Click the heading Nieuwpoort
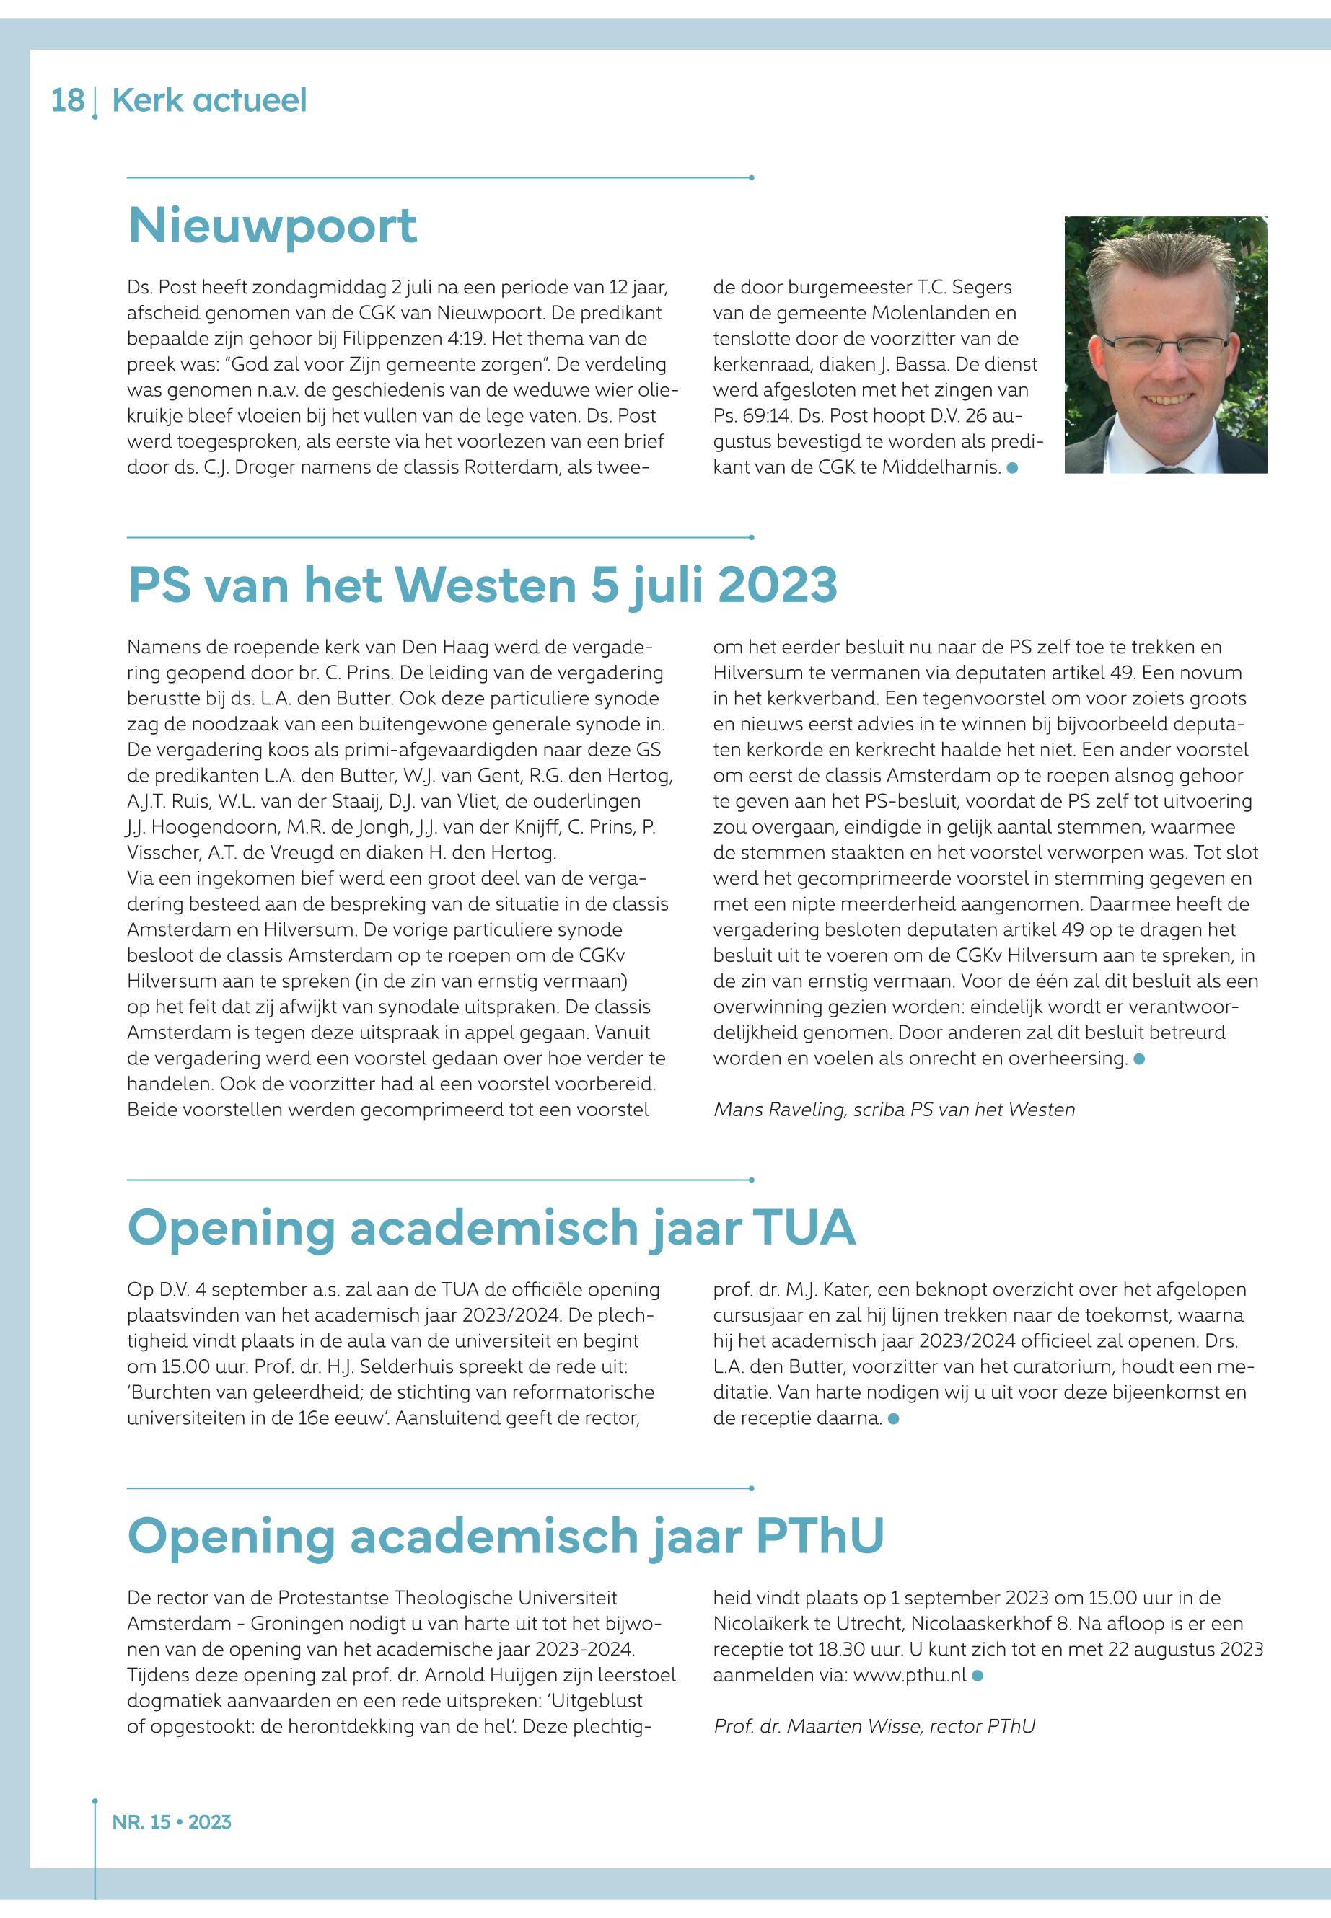(272, 225)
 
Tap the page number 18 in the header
(68, 101)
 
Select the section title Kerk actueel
(209, 101)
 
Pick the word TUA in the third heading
(804, 1228)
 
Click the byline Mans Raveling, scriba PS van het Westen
(894, 1110)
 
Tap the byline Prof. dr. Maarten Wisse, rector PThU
(874, 1726)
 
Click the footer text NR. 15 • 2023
(172, 1822)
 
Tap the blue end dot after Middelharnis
(1012, 469)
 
